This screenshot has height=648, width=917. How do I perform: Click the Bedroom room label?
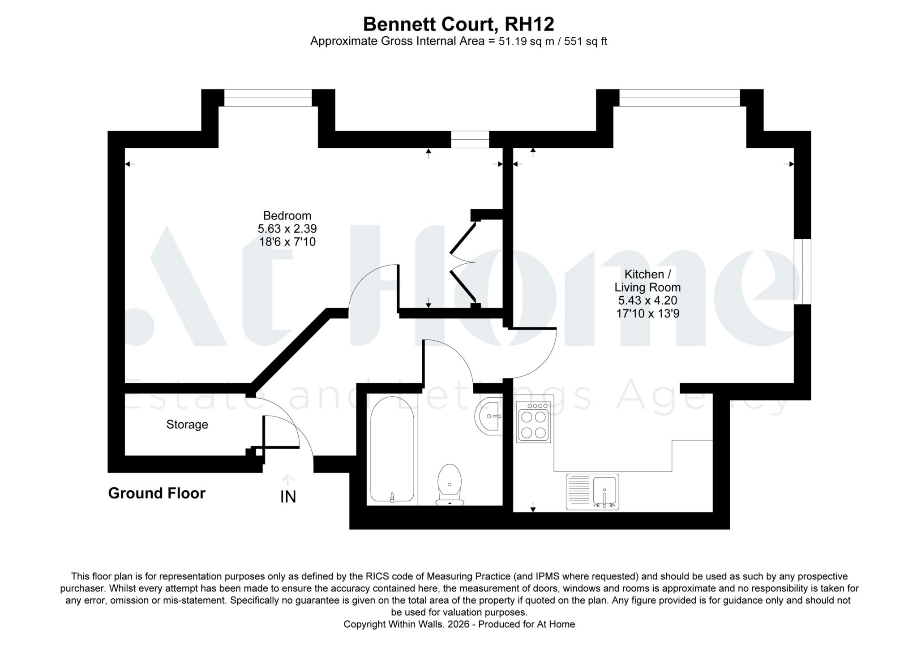point(287,215)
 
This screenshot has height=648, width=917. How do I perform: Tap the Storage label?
point(187,425)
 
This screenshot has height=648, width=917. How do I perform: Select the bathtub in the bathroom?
point(392,450)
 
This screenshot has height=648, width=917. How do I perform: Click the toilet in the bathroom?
point(450,485)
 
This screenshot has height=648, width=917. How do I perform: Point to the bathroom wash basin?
point(489,416)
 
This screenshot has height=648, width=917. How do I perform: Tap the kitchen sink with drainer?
point(592,492)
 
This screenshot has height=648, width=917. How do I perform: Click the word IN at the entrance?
point(288,497)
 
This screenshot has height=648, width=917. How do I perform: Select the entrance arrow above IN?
point(288,480)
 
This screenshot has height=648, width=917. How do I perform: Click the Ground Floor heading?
point(157,493)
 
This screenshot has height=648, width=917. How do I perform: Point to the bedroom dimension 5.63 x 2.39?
point(287,229)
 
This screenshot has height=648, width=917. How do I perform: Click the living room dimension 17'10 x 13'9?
point(647,313)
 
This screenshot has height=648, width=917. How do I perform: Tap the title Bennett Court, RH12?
point(458,24)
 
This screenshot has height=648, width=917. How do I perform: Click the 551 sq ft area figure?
point(585,42)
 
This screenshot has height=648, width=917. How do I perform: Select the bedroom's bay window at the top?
point(268,98)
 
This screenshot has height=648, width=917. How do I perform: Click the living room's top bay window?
point(679,98)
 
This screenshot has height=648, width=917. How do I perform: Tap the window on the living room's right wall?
point(802,271)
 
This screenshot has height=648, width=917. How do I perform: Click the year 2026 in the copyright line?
point(461,624)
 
